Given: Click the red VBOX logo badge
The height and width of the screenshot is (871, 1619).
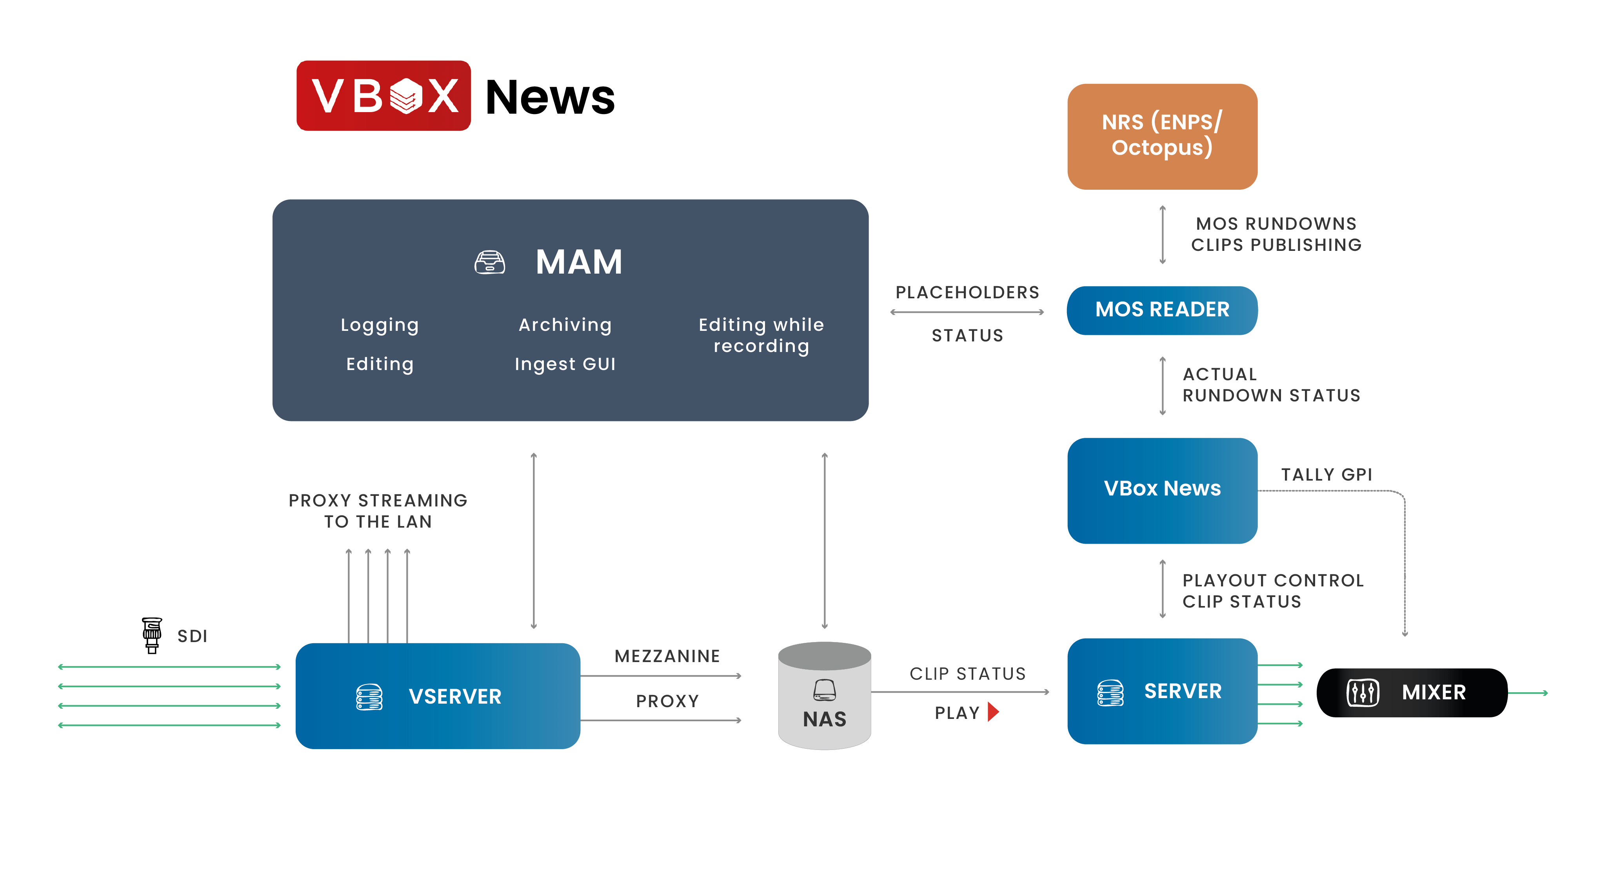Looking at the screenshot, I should pyautogui.click(x=383, y=96).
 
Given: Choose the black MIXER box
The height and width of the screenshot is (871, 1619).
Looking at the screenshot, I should pyautogui.click(x=1412, y=693).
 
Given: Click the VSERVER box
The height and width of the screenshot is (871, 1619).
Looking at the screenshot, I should pyautogui.click(x=438, y=696).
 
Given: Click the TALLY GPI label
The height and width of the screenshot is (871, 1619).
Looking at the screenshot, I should pyautogui.click(x=1326, y=474).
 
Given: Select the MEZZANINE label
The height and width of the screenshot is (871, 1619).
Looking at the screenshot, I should pyautogui.click(x=667, y=656).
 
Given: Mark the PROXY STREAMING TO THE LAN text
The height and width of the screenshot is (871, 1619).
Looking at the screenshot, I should pyautogui.click(x=378, y=511).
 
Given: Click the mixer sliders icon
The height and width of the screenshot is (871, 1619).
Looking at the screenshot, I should pyautogui.click(x=1363, y=693).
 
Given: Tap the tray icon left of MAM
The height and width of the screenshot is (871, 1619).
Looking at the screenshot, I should pyautogui.click(x=490, y=262).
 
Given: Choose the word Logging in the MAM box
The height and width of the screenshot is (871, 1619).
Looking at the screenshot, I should pyautogui.click(x=379, y=325).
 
